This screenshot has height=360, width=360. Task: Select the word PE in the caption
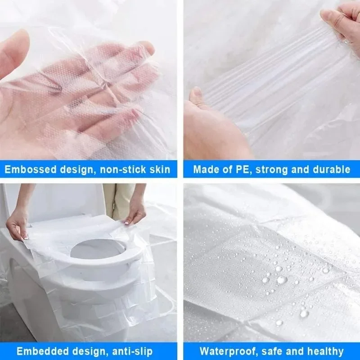pyautogui.click(x=238, y=170)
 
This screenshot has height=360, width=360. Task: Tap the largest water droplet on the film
pyautogui.click(x=282, y=280)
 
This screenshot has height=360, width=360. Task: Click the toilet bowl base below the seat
pyautogui.click(x=90, y=306)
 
